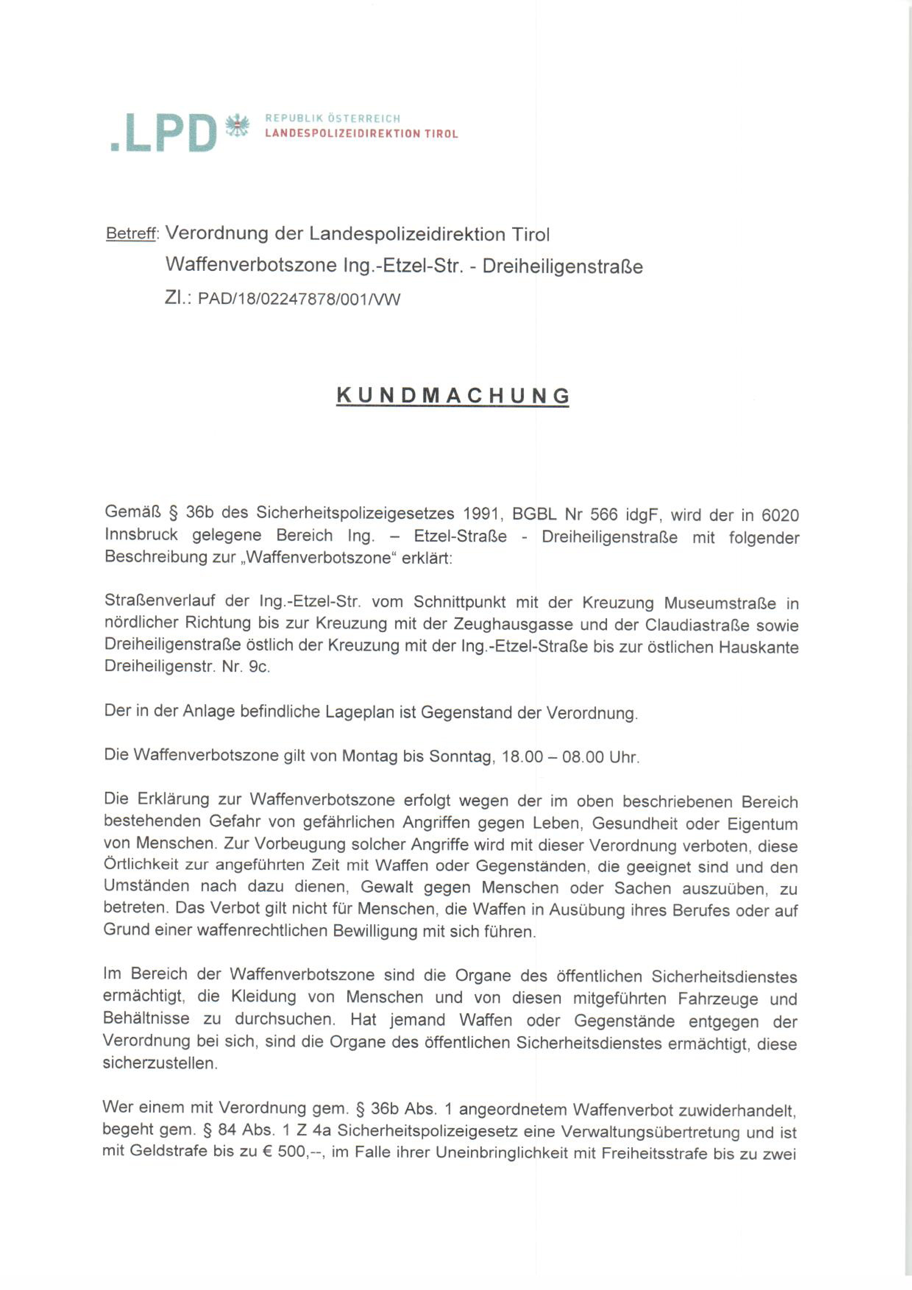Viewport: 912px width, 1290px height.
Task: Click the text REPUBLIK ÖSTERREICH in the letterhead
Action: [x=333, y=118]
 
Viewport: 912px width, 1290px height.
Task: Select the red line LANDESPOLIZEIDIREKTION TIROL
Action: [x=361, y=134]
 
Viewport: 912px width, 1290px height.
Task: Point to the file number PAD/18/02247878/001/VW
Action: [x=299, y=299]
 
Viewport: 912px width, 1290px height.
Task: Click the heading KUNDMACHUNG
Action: [x=453, y=396]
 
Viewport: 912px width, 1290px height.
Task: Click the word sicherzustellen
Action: [x=160, y=1064]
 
